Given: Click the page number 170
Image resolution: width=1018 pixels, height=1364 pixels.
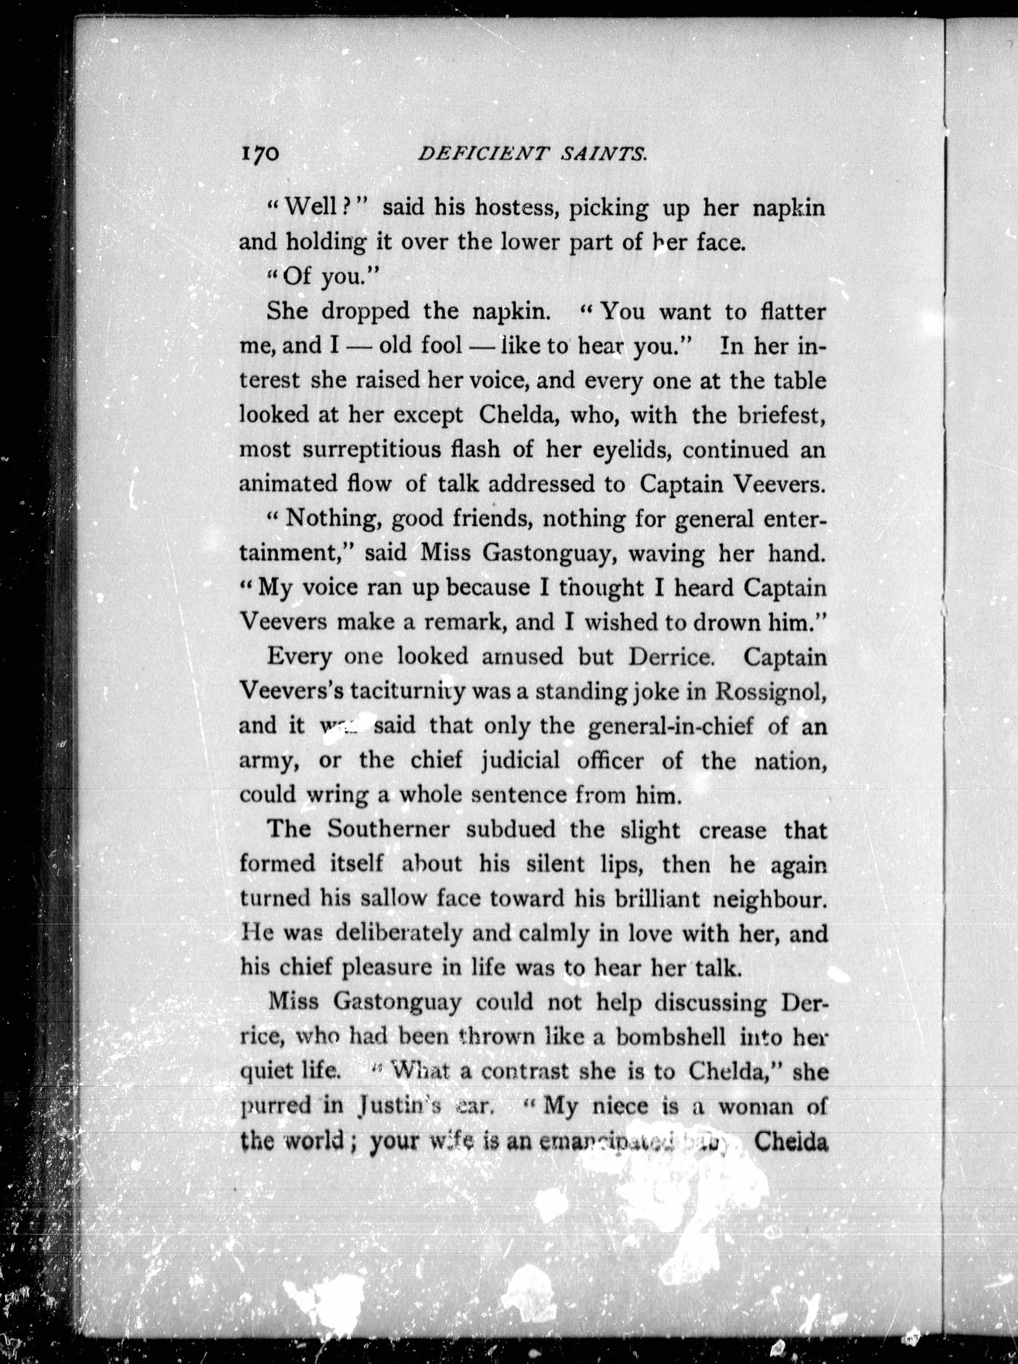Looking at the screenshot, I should (260, 153).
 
